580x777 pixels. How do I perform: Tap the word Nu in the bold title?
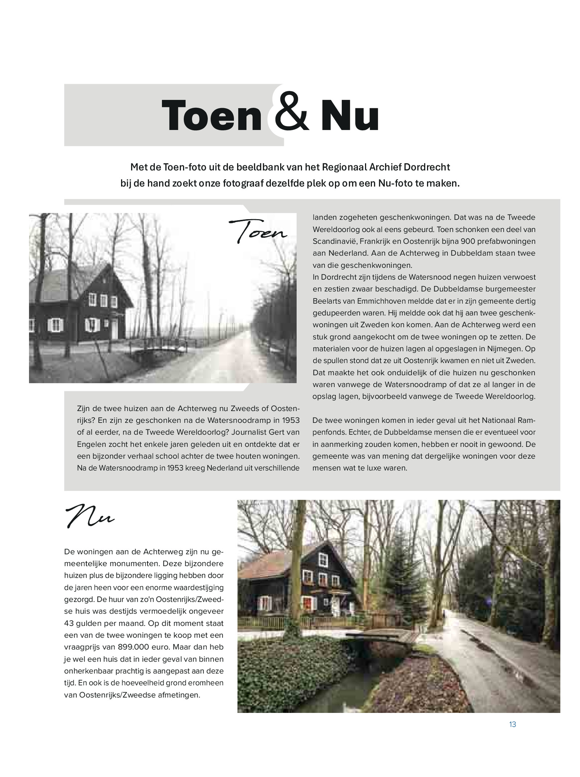coord(349,115)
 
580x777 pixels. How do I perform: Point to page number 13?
coord(512,724)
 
